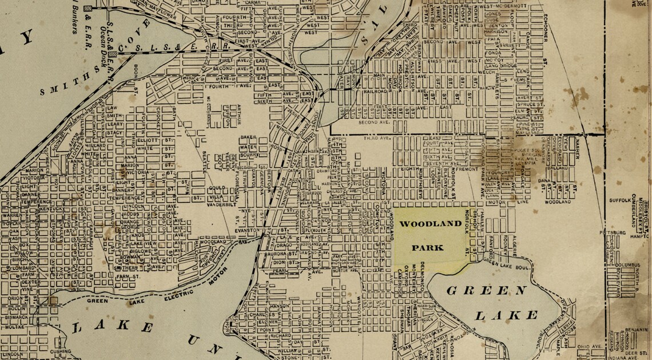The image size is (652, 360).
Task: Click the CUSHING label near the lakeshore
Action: pyautogui.click(x=60, y=351)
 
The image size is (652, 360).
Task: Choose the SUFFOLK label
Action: pyautogui.click(x=619, y=201)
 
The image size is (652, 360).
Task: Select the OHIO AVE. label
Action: pyautogui.click(x=590, y=347)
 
